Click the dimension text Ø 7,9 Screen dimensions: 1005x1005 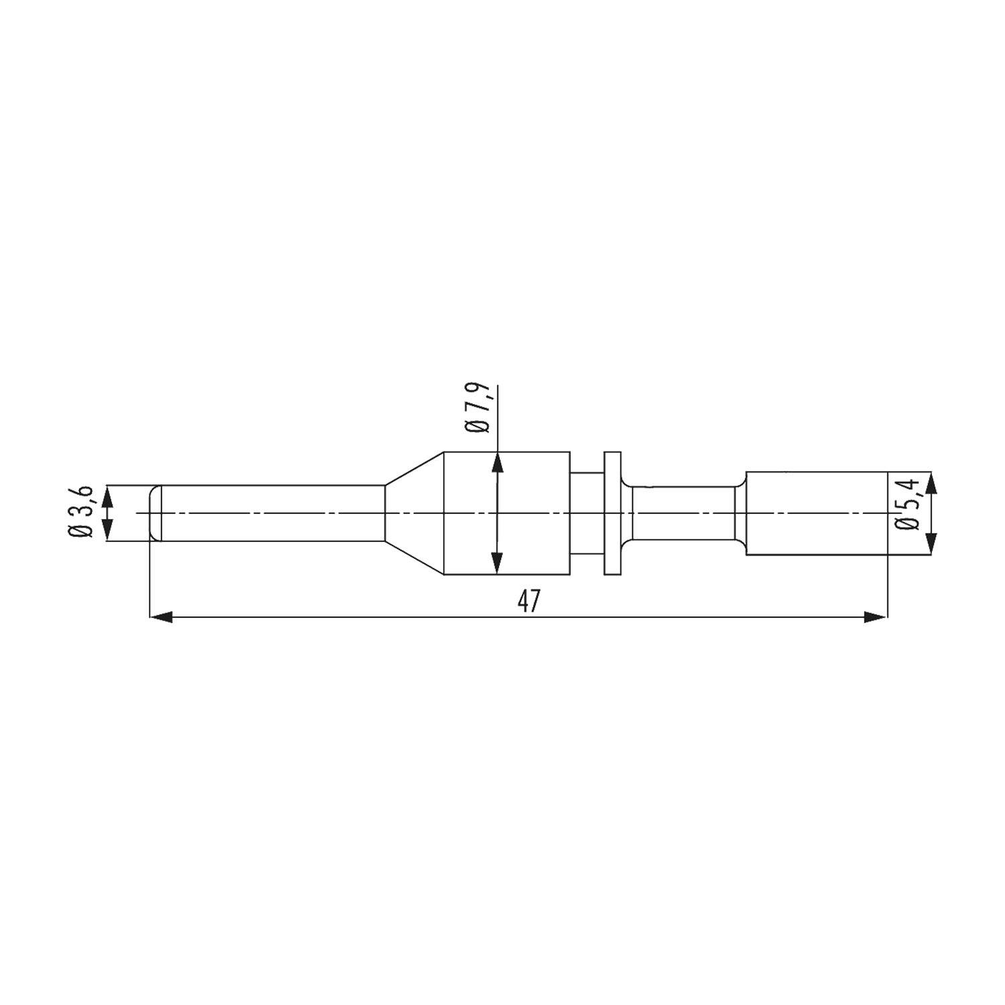478,409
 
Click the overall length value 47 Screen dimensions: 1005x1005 529,602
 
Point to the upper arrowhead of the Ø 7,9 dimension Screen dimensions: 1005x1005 497,462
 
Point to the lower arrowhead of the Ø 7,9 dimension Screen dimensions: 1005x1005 497,563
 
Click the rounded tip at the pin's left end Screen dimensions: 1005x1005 155,513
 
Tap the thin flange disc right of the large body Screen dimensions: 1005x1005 612,513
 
